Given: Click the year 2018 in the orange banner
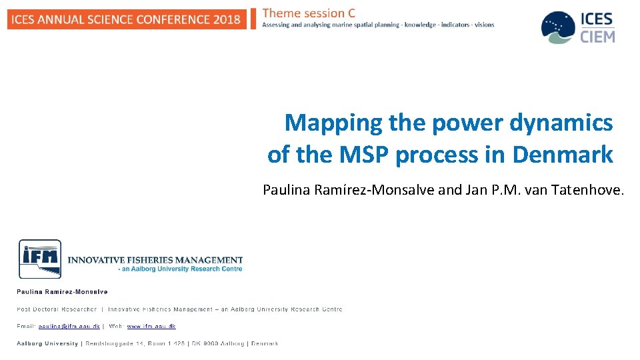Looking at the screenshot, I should [227, 19].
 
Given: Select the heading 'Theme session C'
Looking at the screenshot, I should [309, 13].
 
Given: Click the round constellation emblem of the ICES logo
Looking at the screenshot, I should [557, 27].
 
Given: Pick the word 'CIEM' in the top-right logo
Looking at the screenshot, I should [597, 36].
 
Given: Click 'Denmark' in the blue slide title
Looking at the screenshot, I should [563, 155].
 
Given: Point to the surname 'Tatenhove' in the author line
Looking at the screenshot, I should [588, 190].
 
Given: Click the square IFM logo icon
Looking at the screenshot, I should [40, 259].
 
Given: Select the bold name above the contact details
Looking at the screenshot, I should [62, 291].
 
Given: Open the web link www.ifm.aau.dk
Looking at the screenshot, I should [151, 326].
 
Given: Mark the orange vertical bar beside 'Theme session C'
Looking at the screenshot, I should [253, 19].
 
